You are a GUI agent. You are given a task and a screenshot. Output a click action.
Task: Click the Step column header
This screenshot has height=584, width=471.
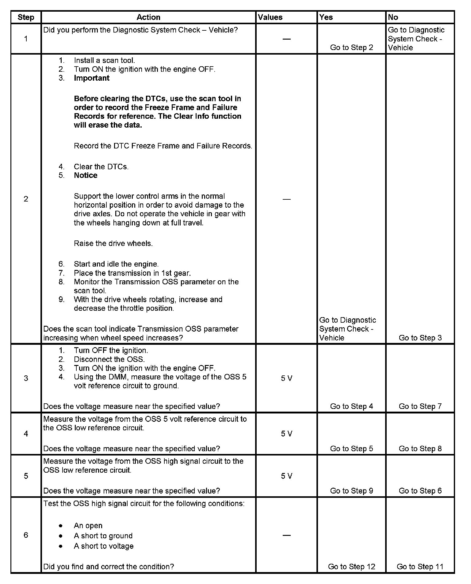[26, 17]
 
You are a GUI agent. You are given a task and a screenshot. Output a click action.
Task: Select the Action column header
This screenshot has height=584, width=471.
[148, 17]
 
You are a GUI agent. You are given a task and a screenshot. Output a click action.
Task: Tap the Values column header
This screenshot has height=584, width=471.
[270, 17]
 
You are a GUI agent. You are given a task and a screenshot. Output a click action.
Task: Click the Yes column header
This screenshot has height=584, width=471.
[326, 17]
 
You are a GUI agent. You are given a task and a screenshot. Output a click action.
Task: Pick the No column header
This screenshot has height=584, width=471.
[393, 17]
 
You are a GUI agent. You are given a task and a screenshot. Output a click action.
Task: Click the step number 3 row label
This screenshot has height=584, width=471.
[26, 378]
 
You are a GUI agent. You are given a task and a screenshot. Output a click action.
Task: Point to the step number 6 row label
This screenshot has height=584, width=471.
[26, 535]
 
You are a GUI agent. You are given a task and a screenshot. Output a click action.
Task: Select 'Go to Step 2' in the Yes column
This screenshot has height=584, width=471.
[351, 48]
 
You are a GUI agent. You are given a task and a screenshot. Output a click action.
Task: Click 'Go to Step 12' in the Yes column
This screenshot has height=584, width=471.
[351, 567]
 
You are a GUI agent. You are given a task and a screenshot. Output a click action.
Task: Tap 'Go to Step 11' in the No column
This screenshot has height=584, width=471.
[420, 567]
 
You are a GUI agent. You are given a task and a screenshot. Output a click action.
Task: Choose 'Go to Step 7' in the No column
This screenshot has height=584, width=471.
[420, 406]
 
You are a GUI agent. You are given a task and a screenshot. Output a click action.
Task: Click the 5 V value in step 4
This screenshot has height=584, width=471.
[286, 434]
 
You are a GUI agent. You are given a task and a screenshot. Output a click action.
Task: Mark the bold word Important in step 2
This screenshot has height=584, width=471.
[92, 78]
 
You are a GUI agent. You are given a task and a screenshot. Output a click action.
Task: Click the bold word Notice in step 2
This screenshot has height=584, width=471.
[86, 175]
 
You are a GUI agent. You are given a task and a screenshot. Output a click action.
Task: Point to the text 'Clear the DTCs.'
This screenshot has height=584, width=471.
[101, 167]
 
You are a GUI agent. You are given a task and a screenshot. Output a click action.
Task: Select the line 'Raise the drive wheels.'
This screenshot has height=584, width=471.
[113, 244]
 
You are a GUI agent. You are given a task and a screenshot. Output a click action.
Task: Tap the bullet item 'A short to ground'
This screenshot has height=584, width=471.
[103, 536]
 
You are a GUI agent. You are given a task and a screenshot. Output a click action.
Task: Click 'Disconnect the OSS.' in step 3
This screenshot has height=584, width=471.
[109, 359]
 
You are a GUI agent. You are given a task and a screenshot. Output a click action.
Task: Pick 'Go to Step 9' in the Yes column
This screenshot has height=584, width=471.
[351, 491]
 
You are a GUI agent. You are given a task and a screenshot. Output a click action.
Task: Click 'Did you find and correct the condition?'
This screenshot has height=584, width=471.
[109, 567]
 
